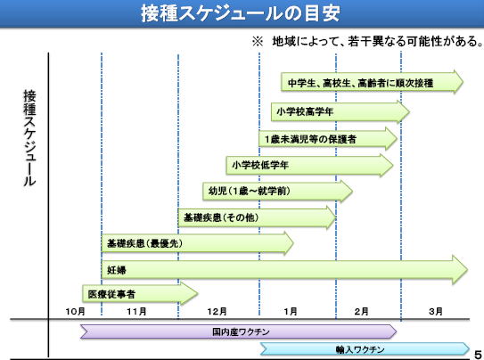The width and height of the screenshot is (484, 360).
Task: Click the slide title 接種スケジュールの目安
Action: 241,13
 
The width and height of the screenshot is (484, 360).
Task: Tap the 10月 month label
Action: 75,312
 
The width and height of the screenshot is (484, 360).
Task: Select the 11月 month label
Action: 136,312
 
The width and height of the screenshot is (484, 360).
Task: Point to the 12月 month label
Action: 217,312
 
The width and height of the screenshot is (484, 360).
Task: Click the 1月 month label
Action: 291,312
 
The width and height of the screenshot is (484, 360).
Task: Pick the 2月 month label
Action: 361,312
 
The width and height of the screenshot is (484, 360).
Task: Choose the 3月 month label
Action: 436,312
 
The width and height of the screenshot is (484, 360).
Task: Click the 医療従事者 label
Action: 111,294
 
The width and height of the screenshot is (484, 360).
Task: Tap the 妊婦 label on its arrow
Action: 117,270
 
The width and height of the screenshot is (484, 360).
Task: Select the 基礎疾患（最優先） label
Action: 144,243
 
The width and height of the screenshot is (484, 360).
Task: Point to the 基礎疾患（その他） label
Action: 221,217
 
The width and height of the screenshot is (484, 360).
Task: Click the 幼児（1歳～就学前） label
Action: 250,192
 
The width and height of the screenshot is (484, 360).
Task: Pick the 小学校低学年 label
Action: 260,166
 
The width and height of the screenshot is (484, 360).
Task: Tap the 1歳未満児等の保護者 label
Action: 310,139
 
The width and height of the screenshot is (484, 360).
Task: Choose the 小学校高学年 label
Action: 305,111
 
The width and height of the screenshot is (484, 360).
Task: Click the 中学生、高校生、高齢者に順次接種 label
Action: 360,83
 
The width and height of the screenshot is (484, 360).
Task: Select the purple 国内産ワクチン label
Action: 241,331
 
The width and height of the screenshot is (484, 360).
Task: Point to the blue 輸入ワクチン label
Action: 360,349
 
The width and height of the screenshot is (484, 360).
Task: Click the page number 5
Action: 478,355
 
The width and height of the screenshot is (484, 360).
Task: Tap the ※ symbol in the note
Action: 258,41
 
